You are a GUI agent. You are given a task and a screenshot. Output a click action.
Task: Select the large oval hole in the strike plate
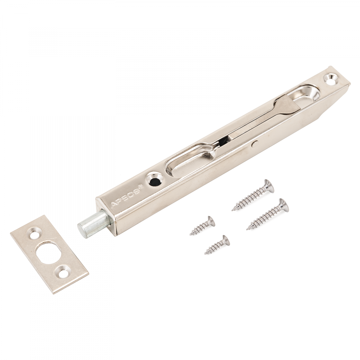(x=49, y=252)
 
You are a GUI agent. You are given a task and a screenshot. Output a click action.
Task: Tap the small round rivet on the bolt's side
(x=255, y=144)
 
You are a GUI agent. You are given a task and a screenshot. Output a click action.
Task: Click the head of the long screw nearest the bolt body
(x=269, y=186)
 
